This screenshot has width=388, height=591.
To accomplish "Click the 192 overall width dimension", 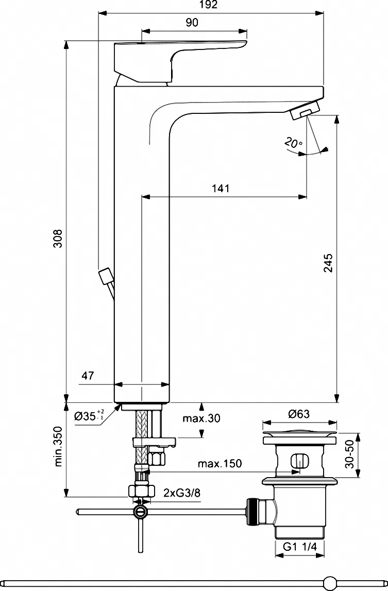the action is (209, 5).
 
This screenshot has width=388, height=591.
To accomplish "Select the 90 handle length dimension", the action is (192, 23).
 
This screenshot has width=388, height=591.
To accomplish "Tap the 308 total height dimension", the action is (58, 239).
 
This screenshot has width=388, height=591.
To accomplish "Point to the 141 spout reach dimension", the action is (221, 188).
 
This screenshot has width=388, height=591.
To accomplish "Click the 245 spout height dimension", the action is (328, 263).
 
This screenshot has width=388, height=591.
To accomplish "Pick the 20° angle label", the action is (293, 143).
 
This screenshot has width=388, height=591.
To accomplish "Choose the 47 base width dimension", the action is (88, 376).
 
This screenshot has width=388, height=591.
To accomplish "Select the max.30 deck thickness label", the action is (201, 418).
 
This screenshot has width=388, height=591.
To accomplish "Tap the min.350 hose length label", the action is (58, 447).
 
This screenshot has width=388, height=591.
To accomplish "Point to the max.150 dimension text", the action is (220, 463).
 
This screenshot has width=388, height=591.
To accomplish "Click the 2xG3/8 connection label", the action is (182, 493).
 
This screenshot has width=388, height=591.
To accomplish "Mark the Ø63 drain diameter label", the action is (299, 414).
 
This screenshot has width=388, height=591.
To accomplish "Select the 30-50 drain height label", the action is (350, 454).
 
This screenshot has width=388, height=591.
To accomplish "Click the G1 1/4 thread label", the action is (300, 547).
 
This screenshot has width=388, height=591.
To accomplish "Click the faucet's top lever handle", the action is (181, 60).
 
